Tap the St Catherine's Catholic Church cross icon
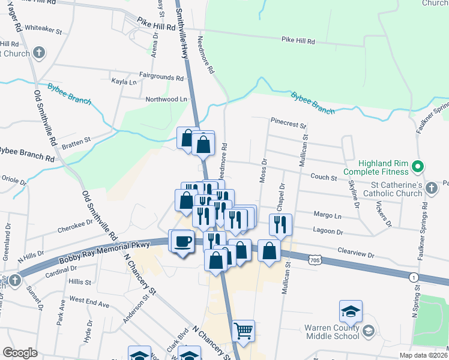pos(431,189)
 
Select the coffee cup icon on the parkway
pos(182,242)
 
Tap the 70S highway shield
pos(316,260)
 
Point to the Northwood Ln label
pos(163,99)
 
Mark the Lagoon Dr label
pos(328,230)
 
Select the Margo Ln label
pos(327,215)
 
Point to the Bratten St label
pos(75,141)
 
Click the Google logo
pos(20,353)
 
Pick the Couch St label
pos(324,177)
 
